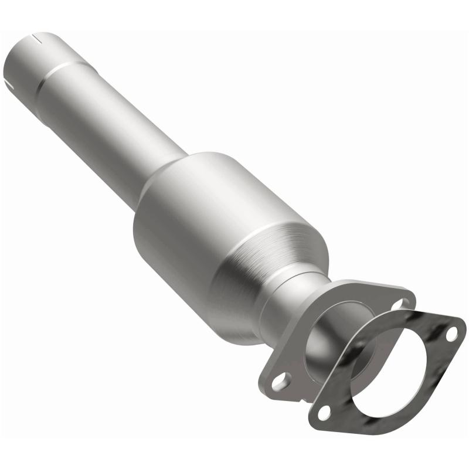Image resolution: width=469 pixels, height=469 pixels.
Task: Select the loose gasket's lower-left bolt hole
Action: (x=322, y=413)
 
